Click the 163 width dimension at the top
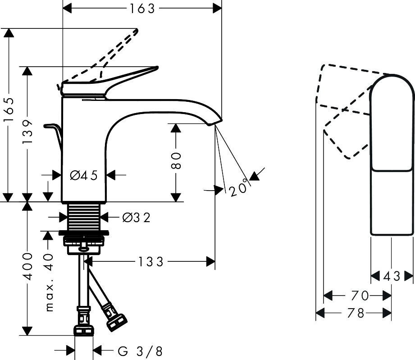[x=142, y=9]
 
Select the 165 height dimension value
[x=9, y=109]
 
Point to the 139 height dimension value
[x=27, y=132]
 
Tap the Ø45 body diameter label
[x=84, y=175]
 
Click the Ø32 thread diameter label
[x=136, y=218]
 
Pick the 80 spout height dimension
[x=176, y=160]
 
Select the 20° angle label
[x=239, y=188]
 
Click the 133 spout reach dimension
[x=150, y=262]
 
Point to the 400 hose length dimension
[x=27, y=266]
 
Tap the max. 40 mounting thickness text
[x=49, y=282]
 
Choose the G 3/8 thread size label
[x=140, y=351]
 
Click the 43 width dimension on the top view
[x=392, y=276]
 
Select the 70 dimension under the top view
[x=360, y=296]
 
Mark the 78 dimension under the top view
[x=356, y=313]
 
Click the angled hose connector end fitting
[x=116, y=323]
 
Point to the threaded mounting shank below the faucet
[x=84, y=217]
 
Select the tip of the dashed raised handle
[x=137, y=31]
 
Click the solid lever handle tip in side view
[x=157, y=68]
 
